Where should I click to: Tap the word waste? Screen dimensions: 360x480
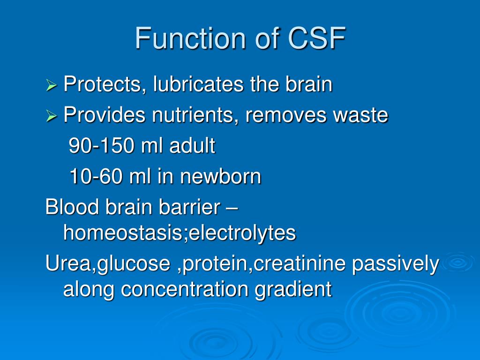[361, 115]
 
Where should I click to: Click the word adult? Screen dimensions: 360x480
[192, 146]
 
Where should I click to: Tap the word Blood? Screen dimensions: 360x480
[68, 207]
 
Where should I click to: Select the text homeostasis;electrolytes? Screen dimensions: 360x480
[179, 232]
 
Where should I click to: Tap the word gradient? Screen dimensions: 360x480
[293, 289]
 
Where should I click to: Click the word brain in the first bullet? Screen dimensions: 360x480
[309, 85]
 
